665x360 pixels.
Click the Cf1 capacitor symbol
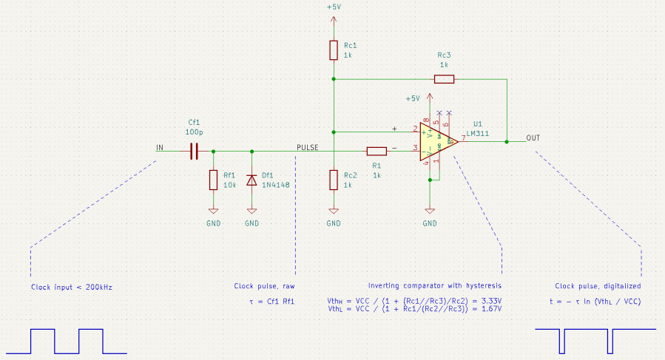click(x=194, y=151)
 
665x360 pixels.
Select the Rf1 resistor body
click(x=213, y=180)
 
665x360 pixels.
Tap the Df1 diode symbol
click(x=252, y=180)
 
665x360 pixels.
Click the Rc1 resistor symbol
click(x=334, y=50)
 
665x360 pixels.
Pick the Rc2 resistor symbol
click(x=334, y=180)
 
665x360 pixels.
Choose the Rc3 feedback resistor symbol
click(x=444, y=78)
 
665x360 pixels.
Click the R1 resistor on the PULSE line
click(x=377, y=151)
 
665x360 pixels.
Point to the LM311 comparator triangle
click(x=436, y=141)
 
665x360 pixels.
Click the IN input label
click(x=159, y=148)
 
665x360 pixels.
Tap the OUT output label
click(x=533, y=138)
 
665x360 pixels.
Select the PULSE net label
click(x=307, y=148)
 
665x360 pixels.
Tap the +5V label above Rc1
click(x=334, y=7)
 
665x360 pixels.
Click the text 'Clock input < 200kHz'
click(x=71, y=287)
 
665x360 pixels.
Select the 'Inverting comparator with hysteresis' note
click(x=435, y=285)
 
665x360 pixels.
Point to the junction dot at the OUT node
click(x=507, y=141)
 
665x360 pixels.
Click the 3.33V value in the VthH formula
click(x=491, y=301)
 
